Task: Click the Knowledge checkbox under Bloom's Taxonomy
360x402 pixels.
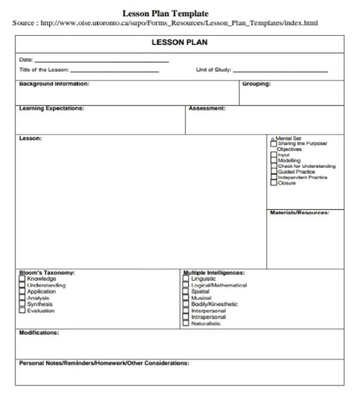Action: [22, 279]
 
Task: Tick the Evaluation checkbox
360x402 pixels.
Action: [22, 311]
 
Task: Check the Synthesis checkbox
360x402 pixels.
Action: [22, 305]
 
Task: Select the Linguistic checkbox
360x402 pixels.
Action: [186, 279]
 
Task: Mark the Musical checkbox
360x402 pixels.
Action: [186, 298]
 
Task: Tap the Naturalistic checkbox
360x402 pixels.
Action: [186, 323]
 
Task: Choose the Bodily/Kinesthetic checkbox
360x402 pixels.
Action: [186, 305]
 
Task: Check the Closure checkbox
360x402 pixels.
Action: [273, 183]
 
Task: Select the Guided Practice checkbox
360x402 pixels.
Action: [273, 171]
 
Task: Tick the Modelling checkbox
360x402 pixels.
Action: [273, 160]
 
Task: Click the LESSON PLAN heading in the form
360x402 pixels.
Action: [180, 43]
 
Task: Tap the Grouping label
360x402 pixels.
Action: [256, 84]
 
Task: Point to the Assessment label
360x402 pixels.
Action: [207, 108]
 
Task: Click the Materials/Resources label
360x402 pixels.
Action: [299, 212]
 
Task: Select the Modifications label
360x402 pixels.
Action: [39, 333]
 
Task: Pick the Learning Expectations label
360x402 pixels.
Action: [52, 108]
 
